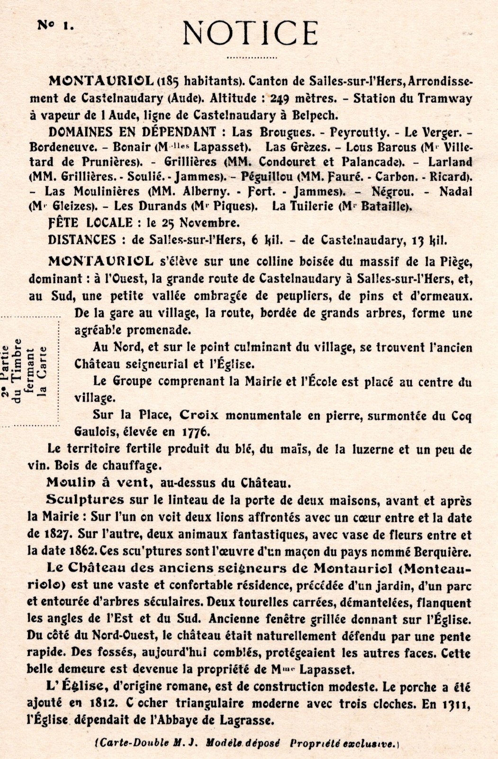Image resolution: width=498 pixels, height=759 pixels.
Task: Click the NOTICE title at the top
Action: coord(250,33)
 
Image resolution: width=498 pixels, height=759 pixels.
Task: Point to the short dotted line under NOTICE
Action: coord(252,58)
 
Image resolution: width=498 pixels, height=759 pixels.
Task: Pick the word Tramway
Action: coord(444,98)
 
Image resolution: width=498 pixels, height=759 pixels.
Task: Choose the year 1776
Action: coord(195,432)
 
